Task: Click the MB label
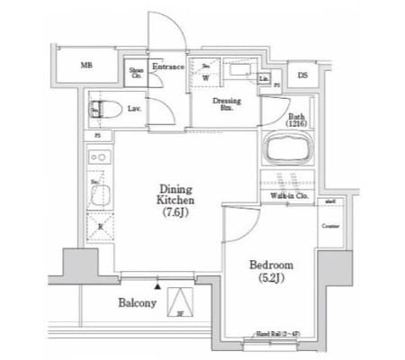point(87,65)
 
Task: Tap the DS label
point(302,76)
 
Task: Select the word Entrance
point(168,67)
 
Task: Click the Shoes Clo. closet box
point(137,73)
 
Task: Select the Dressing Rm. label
point(224,104)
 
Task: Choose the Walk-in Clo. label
point(289,194)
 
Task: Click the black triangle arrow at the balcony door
point(158,283)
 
